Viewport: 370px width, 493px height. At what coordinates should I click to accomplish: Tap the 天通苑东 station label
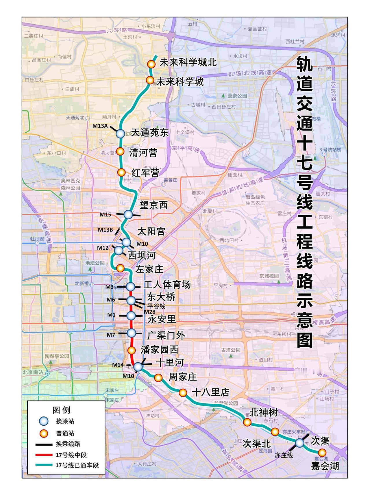tap(150, 133)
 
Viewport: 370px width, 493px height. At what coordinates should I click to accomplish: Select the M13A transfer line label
tap(100, 126)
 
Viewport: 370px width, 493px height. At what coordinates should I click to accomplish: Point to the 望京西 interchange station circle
tap(128, 214)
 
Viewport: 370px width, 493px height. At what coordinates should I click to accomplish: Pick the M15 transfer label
tap(105, 214)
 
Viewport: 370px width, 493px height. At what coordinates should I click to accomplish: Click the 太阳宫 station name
tap(151, 231)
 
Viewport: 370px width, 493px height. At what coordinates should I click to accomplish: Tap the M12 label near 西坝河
tap(103, 248)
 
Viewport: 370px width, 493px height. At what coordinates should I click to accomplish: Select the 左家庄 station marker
tap(120, 268)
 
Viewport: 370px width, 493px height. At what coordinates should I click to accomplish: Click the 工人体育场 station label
tap(167, 285)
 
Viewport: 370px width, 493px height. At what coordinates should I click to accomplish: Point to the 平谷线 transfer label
tap(156, 306)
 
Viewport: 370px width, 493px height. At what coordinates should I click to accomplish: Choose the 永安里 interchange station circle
tap(131, 315)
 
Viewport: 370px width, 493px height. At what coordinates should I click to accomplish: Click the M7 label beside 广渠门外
tap(111, 335)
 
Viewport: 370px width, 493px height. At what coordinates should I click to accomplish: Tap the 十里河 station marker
tap(138, 366)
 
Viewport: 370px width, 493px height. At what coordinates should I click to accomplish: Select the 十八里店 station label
tap(210, 392)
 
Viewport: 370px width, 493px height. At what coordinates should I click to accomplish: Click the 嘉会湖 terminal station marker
tap(322, 453)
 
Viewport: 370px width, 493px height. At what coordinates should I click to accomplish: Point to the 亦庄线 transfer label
tap(284, 455)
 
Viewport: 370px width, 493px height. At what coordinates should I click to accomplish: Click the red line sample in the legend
tap(44, 455)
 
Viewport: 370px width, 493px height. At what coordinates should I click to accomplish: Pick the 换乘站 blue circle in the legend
tap(44, 422)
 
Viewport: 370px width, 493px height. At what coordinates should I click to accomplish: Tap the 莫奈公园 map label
tap(237, 96)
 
